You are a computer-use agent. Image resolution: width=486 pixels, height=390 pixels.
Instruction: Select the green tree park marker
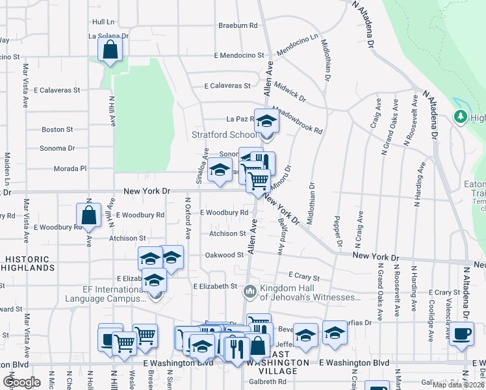pos(461,116)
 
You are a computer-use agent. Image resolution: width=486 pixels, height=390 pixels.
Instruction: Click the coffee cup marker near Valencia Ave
pos(461,335)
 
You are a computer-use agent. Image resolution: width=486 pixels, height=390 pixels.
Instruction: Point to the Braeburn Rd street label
pos(238,25)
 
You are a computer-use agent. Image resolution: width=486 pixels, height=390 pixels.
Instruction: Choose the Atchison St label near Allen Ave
pos(227,233)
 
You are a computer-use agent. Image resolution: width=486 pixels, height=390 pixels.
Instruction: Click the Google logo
pos(21,382)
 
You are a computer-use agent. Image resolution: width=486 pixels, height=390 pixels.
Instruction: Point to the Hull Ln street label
pos(103,21)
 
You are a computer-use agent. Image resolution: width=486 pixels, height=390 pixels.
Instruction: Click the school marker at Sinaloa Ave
pos(220,172)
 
